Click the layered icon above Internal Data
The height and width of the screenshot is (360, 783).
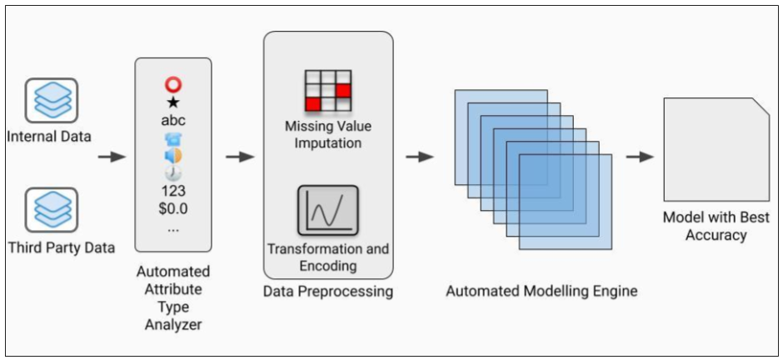(51, 101)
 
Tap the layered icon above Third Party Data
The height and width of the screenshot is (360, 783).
(51, 210)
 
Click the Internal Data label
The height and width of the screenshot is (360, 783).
(48, 136)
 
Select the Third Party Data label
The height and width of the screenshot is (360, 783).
(61, 247)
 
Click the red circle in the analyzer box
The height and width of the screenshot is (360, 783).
(173, 85)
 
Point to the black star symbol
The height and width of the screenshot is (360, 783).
(173, 102)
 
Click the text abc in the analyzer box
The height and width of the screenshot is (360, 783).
(173, 120)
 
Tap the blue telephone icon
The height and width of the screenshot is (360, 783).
(173, 138)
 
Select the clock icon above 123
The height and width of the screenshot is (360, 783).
(173, 173)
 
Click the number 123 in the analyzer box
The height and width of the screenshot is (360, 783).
(173, 190)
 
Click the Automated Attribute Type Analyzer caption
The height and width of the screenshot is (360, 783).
(173, 297)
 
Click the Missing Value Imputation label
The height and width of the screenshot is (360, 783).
(328, 135)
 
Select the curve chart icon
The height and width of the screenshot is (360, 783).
(328, 211)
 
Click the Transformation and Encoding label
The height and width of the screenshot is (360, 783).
(328, 257)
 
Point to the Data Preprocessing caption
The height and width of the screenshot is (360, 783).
(328, 292)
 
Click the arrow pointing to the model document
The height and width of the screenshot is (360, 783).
(639, 157)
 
